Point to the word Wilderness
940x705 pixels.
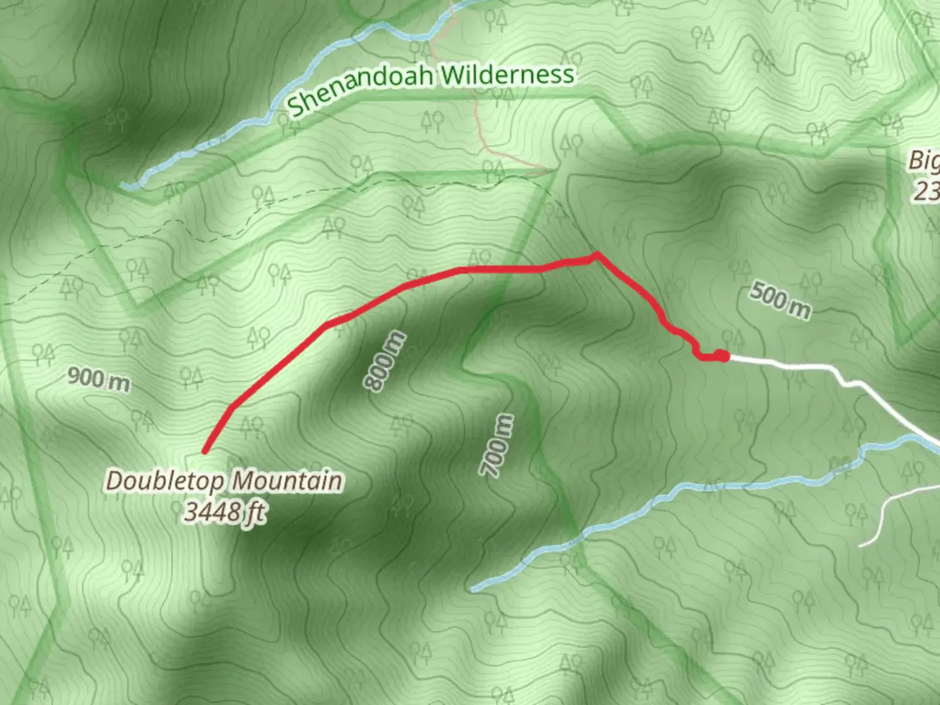coord(508,74)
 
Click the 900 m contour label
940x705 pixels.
coord(99,379)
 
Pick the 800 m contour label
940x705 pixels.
coord(385,362)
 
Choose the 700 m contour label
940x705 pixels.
coord(496,445)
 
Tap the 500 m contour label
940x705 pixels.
coord(779,300)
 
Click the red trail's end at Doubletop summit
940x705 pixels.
coord(205,450)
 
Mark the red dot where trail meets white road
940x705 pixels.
coord(721,356)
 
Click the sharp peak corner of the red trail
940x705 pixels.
coord(597,254)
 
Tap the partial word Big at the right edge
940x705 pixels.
coord(925,161)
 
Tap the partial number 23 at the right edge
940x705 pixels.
coord(926,192)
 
